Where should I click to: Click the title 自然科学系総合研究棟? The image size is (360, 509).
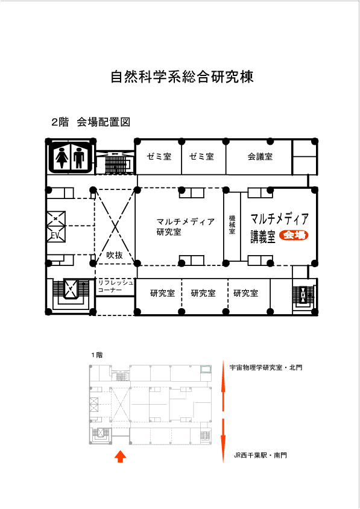[182, 77]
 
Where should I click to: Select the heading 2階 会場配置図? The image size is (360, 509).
[91, 122]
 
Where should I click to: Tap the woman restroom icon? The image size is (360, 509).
[62, 157]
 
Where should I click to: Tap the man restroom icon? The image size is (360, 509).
[79, 157]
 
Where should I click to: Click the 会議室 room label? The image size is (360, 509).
[260, 156]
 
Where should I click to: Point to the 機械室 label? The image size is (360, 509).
[232, 224]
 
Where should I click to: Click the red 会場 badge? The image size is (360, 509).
[294, 235]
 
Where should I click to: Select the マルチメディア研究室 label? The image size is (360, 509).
[185, 227]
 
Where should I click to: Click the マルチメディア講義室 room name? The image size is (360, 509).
[279, 228]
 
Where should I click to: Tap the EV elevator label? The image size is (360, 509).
[55, 235]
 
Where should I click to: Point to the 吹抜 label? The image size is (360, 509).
[115, 255]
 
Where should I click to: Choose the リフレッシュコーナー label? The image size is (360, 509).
[115, 286]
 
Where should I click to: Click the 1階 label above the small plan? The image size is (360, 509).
[96, 355]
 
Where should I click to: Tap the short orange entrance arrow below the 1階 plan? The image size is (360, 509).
[121, 456]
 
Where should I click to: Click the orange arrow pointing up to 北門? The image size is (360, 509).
[223, 385]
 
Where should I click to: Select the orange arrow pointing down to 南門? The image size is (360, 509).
[223, 440]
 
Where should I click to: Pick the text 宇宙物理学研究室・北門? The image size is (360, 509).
[265, 367]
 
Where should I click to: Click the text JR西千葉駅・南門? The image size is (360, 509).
[261, 455]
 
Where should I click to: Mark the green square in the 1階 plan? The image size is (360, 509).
[206, 370]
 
